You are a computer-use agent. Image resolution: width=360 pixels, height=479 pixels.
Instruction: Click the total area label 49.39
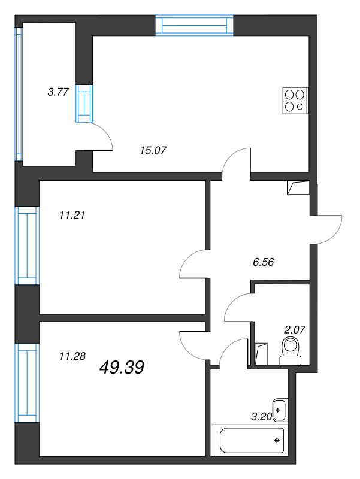(122, 367)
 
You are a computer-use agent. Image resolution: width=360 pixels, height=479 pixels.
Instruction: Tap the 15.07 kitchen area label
(153, 150)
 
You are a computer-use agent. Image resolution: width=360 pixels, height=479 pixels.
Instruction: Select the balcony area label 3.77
(58, 92)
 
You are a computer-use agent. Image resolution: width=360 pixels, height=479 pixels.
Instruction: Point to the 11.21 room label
(72, 215)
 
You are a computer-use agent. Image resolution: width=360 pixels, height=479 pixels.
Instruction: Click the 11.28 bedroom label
(72, 356)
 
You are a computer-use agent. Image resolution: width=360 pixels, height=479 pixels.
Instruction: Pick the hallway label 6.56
(264, 262)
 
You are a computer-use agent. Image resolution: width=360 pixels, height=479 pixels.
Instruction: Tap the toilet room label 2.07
(295, 330)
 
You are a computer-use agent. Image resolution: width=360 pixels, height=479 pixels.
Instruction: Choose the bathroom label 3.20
(262, 416)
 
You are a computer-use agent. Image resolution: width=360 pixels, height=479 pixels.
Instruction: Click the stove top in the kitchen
(295, 101)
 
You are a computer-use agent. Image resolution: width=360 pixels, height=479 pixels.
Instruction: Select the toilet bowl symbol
(291, 351)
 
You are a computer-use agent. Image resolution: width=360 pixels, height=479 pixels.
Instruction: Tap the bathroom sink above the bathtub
(280, 410)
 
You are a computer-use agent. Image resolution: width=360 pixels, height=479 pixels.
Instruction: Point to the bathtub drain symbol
(277, 440)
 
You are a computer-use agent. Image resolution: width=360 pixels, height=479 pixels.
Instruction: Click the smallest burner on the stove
(300, 107)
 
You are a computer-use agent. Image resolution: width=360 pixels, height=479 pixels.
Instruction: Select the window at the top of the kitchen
(194, 25)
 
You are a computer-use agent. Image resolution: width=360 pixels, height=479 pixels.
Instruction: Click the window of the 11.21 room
(27, 245)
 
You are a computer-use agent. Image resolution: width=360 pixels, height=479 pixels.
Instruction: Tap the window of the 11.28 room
(27, 383)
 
